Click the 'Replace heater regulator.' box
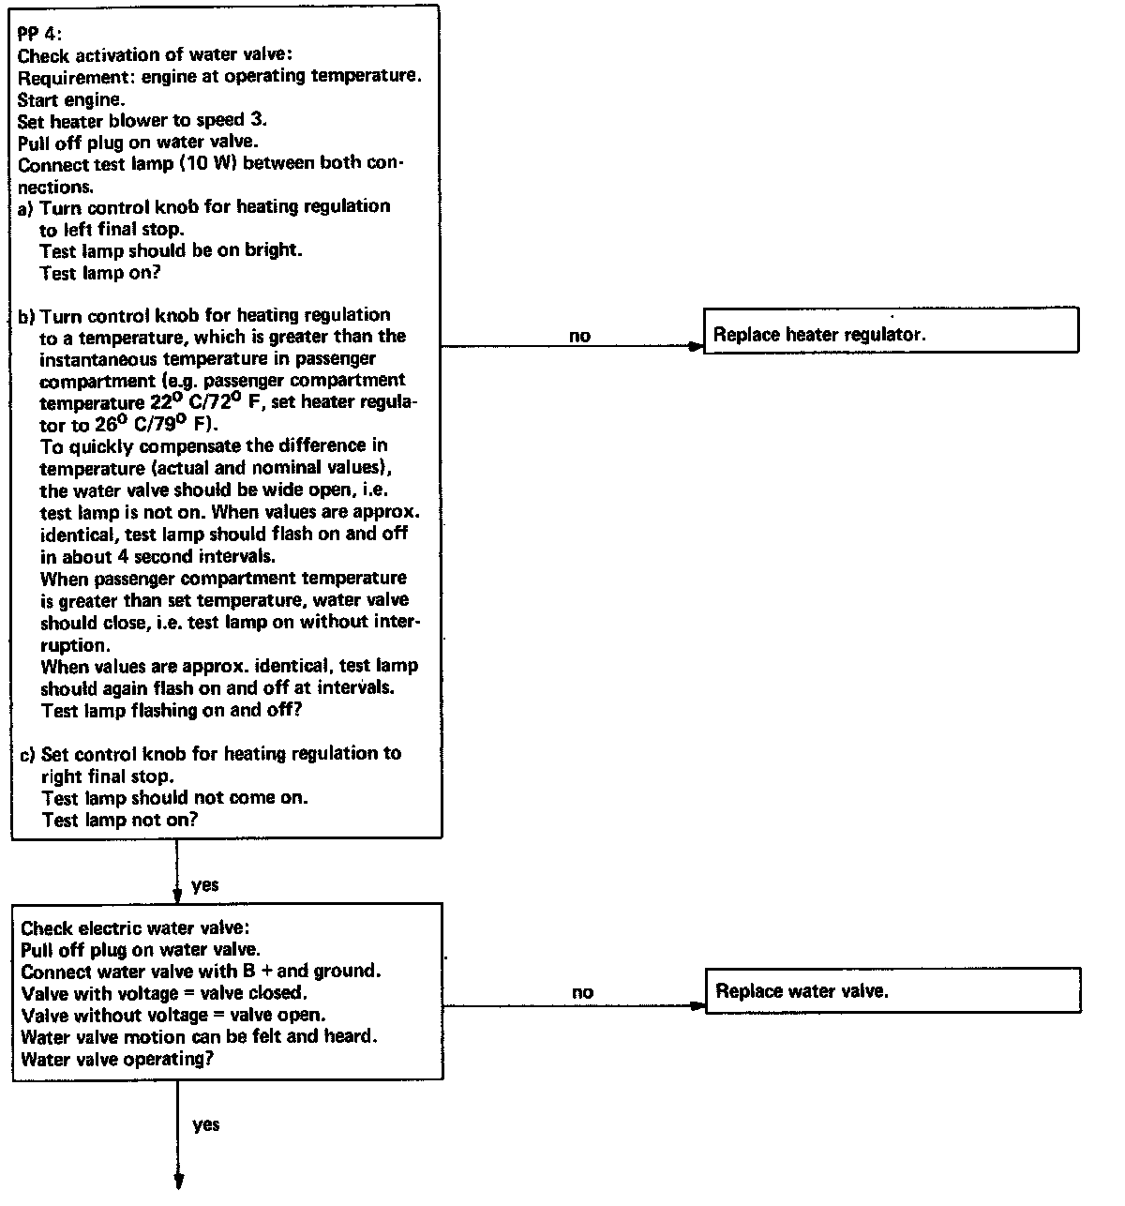tap(891, 331)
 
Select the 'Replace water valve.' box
tap(892, 991)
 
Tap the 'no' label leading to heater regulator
tap(580, 336)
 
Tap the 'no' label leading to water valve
tap(582, 992)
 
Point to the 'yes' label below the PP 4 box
tap(204, 884)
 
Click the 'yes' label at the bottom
tap(205, 1124)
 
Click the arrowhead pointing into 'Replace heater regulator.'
tap(696, 346)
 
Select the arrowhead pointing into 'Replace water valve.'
tap(697, 1006)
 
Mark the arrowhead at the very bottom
tap(177, 1181)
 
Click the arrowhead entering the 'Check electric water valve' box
tap(177, 896)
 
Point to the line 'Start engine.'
tap(71, 98)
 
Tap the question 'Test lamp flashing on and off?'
tap(172, 711)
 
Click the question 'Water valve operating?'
tap(112, 1060)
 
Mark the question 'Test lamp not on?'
tap(120, 820)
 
